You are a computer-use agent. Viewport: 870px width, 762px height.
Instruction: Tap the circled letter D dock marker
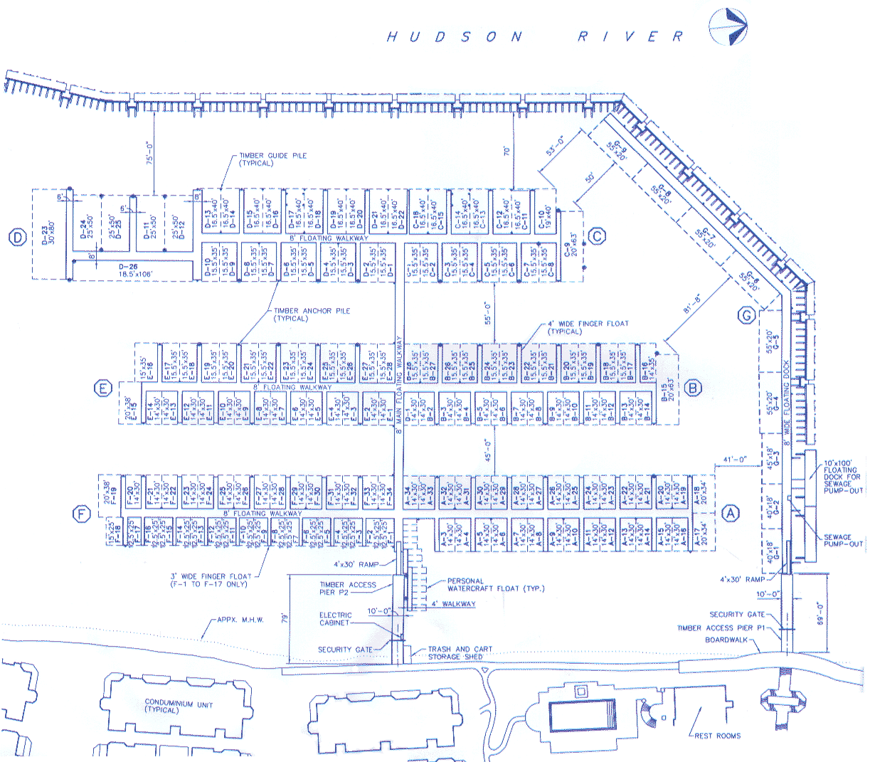pos(16,238)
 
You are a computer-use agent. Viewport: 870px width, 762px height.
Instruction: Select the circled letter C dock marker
pos(598,236)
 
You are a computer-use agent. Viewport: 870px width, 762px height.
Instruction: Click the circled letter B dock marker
pos(692,388)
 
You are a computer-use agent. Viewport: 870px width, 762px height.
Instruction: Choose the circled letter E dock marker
pos(103,388)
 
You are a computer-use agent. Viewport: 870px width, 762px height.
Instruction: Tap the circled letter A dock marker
pos(730,512)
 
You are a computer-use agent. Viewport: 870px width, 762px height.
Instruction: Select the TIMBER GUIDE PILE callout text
pos(272,159)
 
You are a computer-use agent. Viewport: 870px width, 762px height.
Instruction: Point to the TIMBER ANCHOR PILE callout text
pos(312,314)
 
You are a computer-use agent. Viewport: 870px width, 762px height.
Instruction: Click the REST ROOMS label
pos(717,736)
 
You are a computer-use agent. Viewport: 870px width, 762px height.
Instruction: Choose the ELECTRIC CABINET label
pos(335,618)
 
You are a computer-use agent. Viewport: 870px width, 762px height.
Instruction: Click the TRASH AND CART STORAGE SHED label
pos(460,652)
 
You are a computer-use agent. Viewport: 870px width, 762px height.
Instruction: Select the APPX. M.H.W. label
pos(240,620)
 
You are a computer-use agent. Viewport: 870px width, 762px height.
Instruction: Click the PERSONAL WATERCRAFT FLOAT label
pos(495,585)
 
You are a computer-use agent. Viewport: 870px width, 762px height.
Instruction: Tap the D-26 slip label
pos(129,269)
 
